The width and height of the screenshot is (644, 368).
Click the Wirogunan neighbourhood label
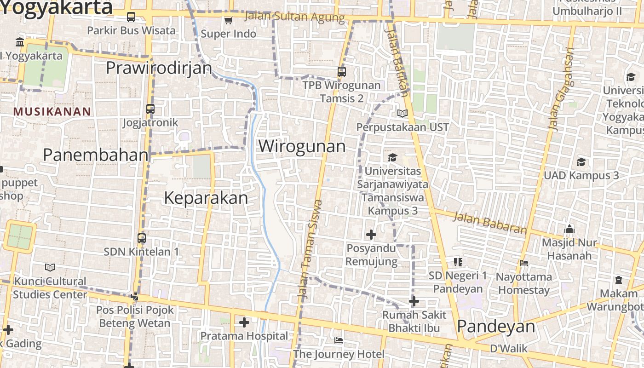302,146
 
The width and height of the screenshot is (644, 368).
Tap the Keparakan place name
206,198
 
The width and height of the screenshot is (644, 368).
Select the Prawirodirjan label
159,68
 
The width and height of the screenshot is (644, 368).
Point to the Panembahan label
96,155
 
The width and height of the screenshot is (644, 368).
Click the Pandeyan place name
496,327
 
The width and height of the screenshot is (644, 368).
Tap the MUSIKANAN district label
52,111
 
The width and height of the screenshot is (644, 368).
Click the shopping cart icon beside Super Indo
228,20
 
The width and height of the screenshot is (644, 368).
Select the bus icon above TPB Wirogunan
341,71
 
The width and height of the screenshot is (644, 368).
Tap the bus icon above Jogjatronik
150,109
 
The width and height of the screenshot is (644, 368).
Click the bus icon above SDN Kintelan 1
142,238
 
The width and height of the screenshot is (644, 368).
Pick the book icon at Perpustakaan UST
402,113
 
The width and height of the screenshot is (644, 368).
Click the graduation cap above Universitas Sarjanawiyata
392,157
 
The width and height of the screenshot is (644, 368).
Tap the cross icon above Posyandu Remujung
371,235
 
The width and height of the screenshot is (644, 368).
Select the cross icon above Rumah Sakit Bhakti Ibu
414,301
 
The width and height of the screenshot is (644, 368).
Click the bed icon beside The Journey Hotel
339,340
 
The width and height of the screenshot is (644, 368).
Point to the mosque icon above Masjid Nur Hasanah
569,229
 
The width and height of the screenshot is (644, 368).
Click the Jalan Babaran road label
489,223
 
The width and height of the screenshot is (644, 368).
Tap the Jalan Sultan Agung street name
294,17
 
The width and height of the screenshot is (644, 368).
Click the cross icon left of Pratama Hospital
244,322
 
